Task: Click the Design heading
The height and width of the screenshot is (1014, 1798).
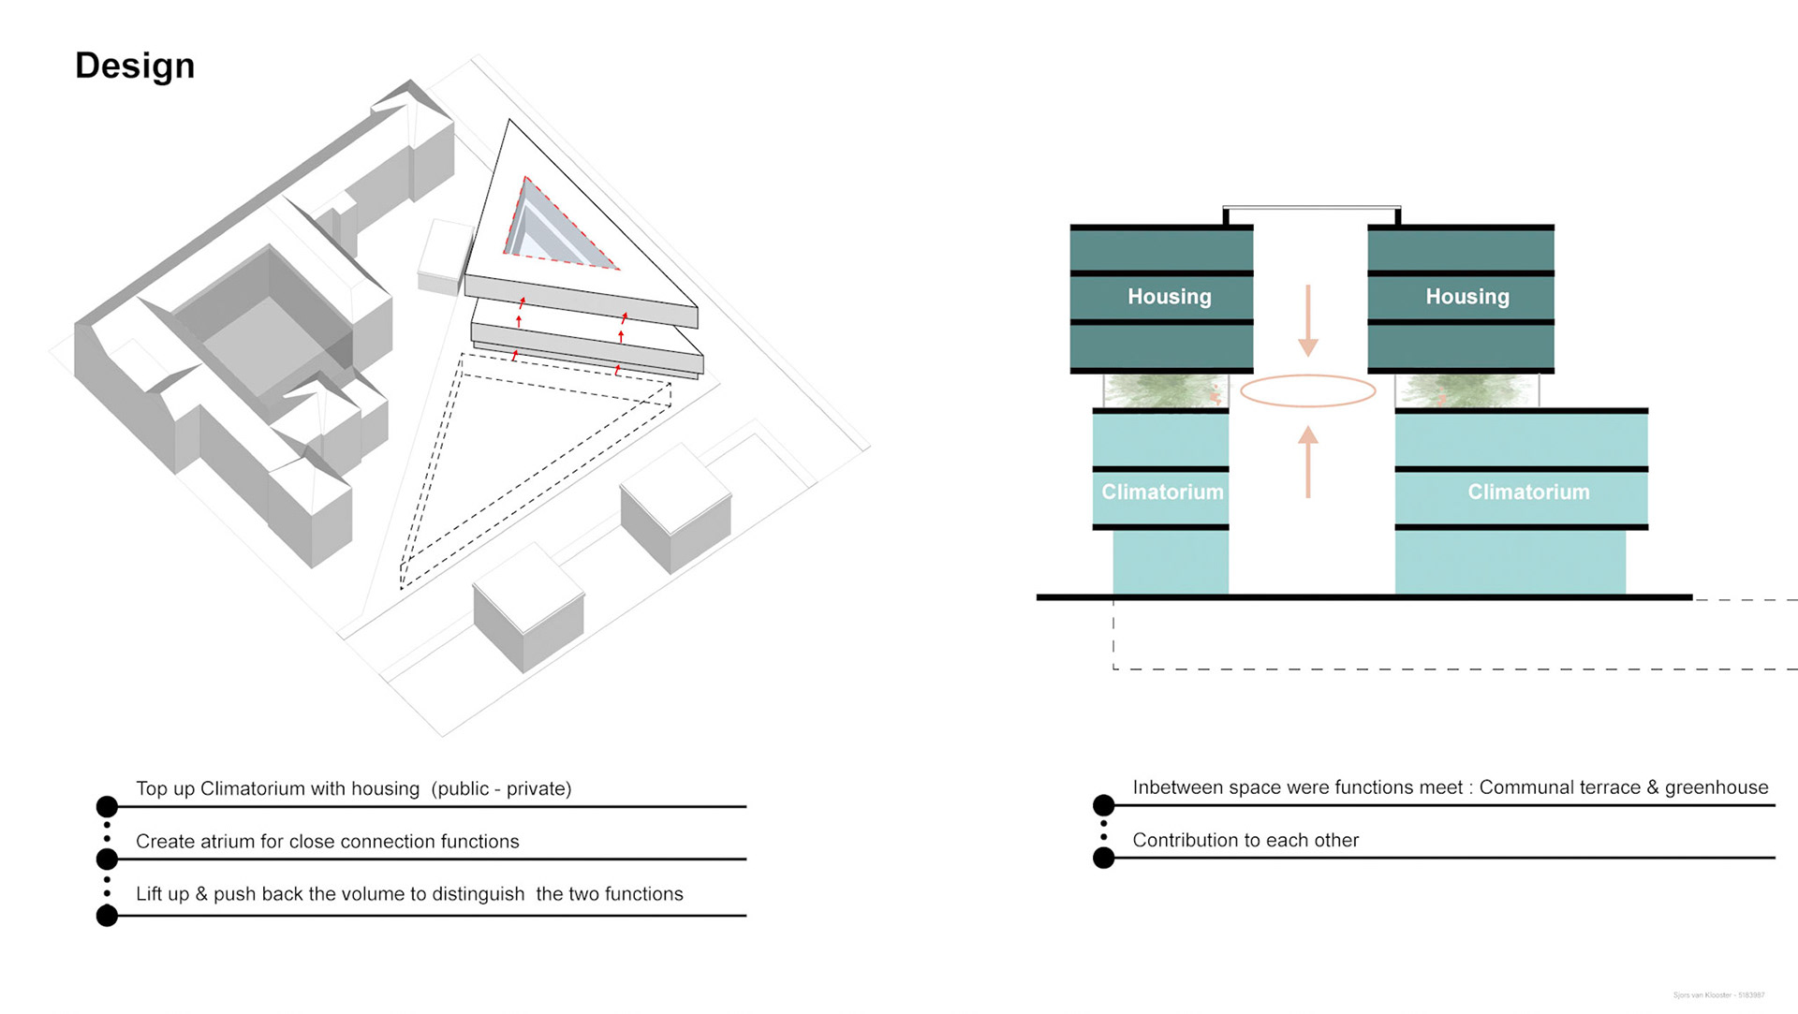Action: [x=135, y=66]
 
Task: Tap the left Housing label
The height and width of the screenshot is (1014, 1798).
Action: [x=1169, y=297]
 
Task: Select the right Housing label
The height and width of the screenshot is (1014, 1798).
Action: [x=1466, y=297]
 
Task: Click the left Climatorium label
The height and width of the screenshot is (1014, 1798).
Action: [x=1162, y=492]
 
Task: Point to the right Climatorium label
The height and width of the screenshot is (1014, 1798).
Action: [x=1528, y=492]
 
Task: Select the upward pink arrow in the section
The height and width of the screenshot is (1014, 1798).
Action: [x=1308, y=462]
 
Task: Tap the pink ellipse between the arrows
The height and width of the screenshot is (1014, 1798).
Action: [x=1308, y=390]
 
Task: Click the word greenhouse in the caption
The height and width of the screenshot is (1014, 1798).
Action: [x=1717, y=787]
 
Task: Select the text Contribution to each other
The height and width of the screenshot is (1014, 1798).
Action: [x=1245, y=841]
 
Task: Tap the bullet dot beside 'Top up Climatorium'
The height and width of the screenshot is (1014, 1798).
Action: [x=108, y=806]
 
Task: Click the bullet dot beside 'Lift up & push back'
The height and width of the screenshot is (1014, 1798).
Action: [x=108, y=916]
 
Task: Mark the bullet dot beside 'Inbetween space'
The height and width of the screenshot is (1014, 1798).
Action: [x=1104, y=805]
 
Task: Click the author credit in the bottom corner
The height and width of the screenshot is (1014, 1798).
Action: [x=1718, y=995]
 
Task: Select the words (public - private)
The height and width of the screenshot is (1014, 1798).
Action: [x=501, y=789]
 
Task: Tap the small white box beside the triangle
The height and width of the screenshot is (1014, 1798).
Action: [x=443, y=257]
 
